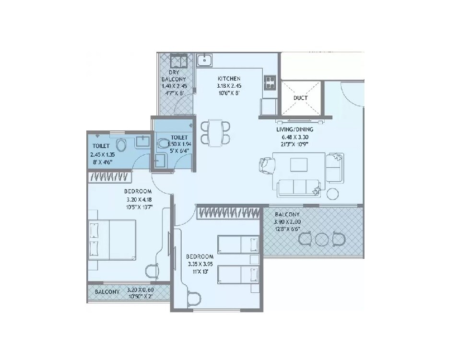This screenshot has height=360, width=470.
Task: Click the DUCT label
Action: tap(301, 98)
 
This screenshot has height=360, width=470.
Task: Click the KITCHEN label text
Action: tap(229, 79)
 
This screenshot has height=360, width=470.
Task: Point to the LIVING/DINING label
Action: tap(294, 129)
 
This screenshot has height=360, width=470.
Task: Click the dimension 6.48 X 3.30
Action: tap(294, 137)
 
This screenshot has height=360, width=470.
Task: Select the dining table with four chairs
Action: tap(215, 132)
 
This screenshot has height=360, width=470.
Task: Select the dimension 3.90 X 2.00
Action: tap(288, 222)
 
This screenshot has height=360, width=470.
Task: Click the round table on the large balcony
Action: tap(321, 238)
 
